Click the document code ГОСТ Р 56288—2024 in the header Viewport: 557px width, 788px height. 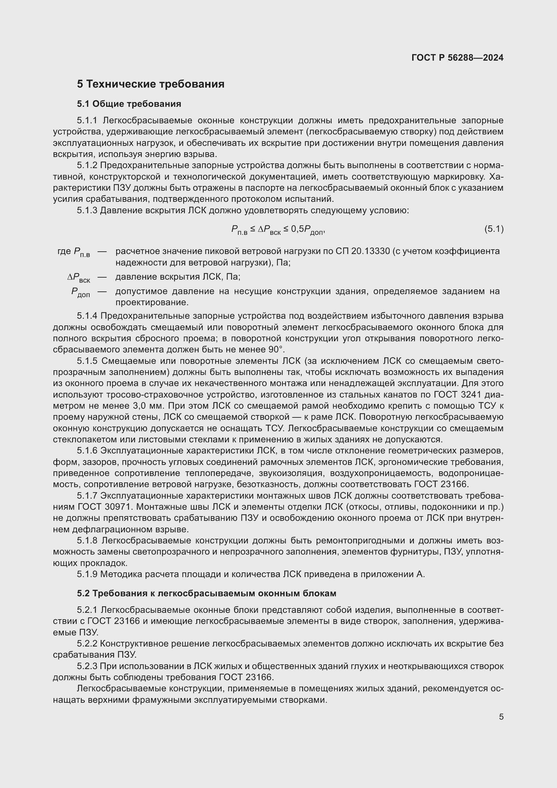(457, 58)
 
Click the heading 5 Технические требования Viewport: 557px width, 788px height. (151, 84)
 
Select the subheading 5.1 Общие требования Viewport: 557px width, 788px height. (129, 104)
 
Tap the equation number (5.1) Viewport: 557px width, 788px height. (494, 229)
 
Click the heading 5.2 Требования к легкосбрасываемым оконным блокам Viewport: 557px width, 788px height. (206, 593)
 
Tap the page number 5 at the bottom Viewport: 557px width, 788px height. (501, 717)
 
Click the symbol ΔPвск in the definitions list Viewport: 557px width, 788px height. (78, 277)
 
